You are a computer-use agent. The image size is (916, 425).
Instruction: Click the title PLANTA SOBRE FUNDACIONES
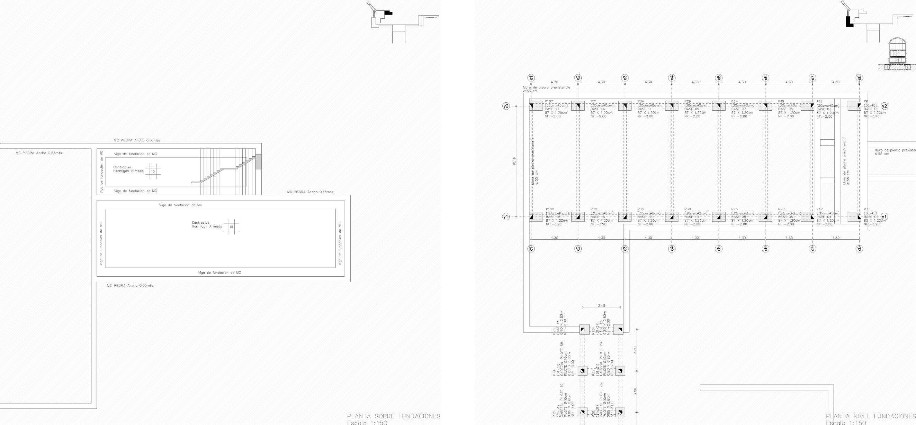point(394,416)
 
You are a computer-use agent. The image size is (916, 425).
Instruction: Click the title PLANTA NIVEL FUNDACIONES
point(871,416)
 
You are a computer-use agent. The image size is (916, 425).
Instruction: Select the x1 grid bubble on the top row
point(531,78)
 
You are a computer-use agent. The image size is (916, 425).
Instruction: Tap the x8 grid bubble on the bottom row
point(859,249)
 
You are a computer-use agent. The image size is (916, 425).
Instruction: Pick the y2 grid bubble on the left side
point(506,106)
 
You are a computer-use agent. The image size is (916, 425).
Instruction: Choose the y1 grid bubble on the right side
point(884,217)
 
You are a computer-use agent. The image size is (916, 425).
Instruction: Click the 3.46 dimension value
point(601,305)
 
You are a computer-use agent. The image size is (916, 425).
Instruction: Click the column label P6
point(866,102)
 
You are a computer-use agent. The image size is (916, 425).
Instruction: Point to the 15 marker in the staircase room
point(153,171)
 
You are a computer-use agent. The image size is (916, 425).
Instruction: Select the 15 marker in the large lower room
point(231,227)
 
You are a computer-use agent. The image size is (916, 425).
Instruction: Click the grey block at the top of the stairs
point(259,162)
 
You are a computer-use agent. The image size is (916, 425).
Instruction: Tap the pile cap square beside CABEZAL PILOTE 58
point(582,371)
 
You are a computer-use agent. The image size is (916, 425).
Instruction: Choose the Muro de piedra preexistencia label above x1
point(546,87)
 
